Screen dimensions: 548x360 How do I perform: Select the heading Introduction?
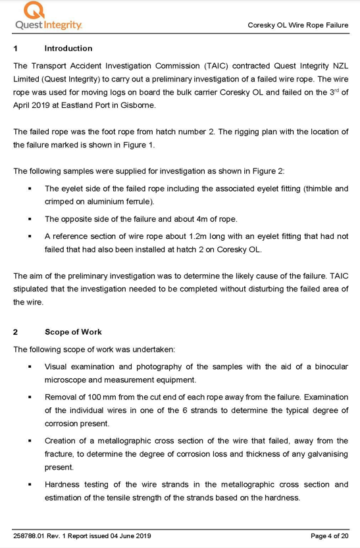pos(68,48)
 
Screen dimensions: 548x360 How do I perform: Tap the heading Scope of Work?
pos(73,332)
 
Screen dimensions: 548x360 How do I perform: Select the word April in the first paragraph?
pos(24,105)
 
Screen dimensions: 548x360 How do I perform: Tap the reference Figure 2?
pos(268,171)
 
